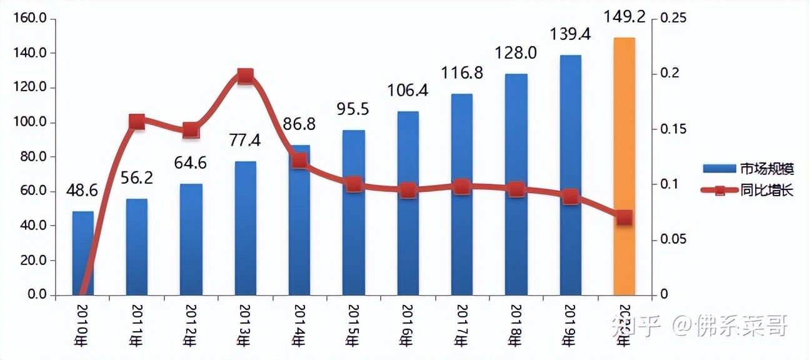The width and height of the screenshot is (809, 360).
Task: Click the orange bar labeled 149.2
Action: click(x=624, y=166)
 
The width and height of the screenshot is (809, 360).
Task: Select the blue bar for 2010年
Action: click(x=83, y=253)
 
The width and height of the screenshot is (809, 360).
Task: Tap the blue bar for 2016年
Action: click(x=408, y=203)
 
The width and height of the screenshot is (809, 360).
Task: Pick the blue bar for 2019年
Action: click(x=570, y=175)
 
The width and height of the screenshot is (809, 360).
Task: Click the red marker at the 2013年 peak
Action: click(x=246, y=77)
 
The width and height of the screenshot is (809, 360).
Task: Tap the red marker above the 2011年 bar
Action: click(x=137, y=122)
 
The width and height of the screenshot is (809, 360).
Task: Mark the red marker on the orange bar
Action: click(x=624, y=217)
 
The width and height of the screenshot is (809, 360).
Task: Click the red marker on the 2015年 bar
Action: click(x=354, y=184)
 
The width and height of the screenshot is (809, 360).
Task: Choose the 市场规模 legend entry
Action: click(x=748, y=169)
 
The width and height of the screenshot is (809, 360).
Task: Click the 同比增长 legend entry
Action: click(x=748, y=191)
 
